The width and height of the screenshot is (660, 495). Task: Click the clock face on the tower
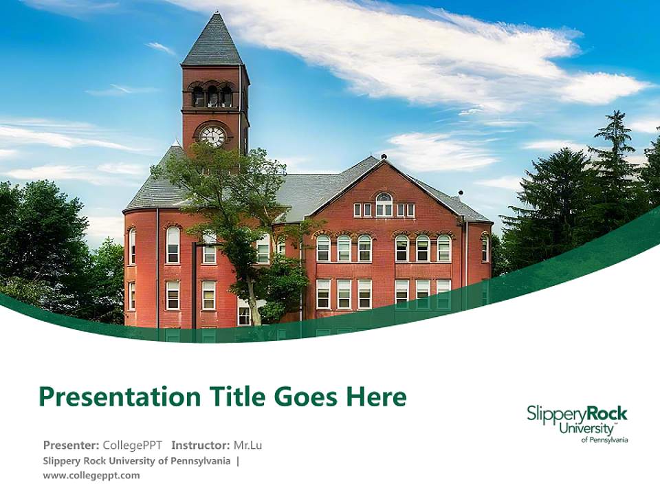[x=212, y=136]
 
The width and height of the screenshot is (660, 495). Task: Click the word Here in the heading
[x=376, y=396]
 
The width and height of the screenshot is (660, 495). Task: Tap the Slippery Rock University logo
[x=577, y=423]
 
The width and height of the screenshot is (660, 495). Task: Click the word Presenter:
[x=71, y=445]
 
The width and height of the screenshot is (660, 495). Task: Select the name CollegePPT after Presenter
[x=132, y=445]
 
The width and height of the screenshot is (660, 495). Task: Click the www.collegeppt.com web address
[x=91, y=476]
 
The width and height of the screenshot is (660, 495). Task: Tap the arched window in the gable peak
[x=384, y=205]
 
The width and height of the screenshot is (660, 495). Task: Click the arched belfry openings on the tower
[x=212, y=94]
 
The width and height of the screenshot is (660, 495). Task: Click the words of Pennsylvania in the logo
[x=604, y=440]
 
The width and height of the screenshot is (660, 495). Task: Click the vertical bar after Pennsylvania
[x=238, y=461]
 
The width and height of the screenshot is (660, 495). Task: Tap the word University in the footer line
[x=132, y=461]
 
